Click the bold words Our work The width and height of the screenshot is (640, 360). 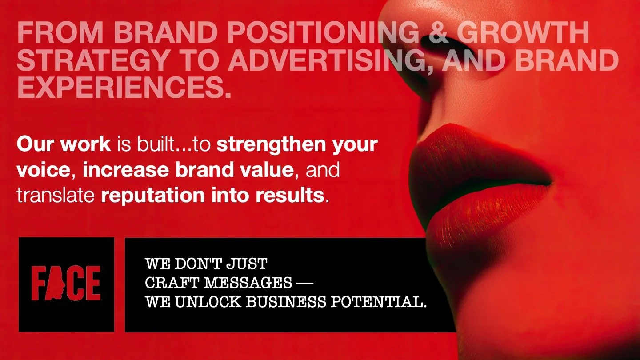pos(64,144)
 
